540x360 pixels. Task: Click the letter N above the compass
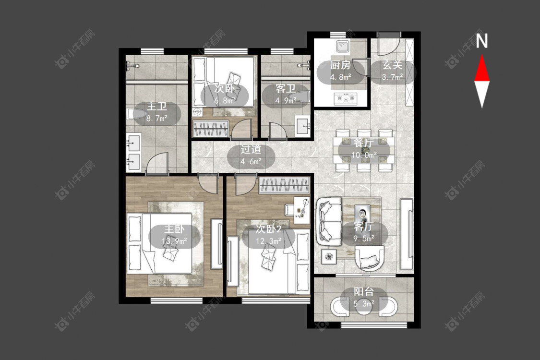pos(481,41)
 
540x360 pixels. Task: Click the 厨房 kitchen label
pos(340,65)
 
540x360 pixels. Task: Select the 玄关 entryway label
pos(392,65)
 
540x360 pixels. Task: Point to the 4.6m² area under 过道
pos(251,161)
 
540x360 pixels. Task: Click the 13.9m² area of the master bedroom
pos(174,241)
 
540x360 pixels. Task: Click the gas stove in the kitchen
pos(346,99)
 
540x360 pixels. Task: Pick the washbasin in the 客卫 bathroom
pos(303,127)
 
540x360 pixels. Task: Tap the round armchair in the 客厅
pos(369,258)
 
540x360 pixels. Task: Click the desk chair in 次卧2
pos(289,209)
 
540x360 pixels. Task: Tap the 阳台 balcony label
pos(364,292)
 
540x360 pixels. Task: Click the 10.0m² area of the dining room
pos(364,156)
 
